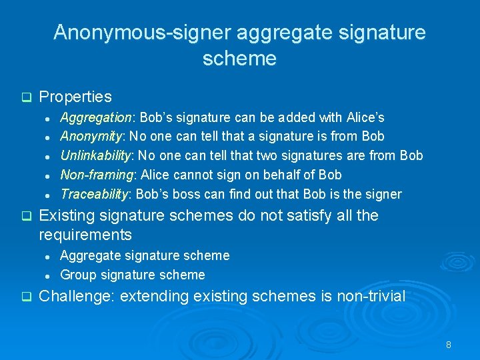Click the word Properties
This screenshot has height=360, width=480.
(x=75, y=97)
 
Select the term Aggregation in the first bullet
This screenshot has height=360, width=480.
(x=97, y=117)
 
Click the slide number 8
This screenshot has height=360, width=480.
(x=449, y=345)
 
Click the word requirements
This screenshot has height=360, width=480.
(x=85, y=235)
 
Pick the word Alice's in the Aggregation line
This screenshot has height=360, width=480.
(x=365, y=117)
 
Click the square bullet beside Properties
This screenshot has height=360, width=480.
(x=26, y=97)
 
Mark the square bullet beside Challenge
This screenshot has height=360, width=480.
(x=26, y=297)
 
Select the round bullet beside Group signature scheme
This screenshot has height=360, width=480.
(x=49, y=275)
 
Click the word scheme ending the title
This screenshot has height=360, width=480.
(x=239, y=59)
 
